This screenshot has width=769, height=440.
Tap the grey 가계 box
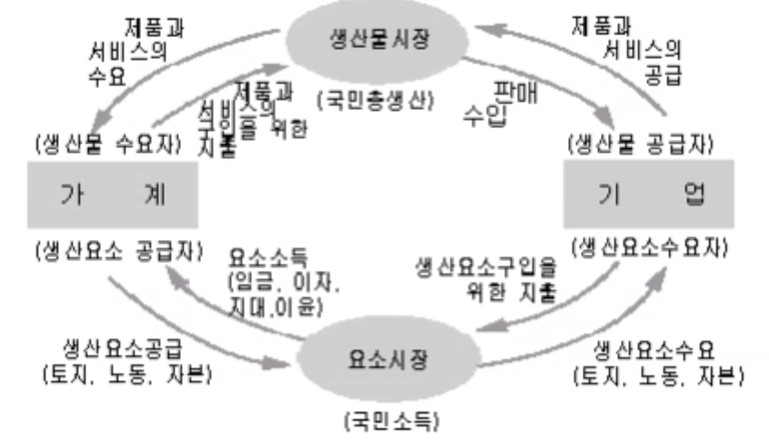coord(112,195)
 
